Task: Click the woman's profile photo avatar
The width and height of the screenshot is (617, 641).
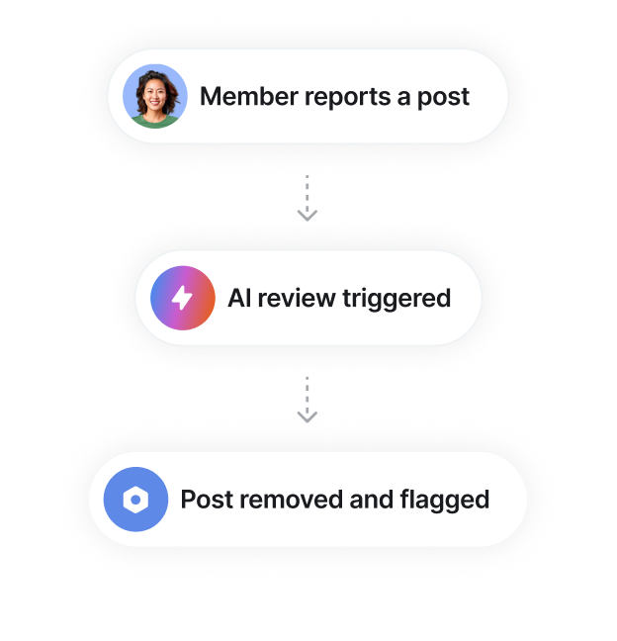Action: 155,96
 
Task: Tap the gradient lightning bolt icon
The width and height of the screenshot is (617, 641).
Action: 182,298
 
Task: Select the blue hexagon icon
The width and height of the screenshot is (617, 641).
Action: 135,500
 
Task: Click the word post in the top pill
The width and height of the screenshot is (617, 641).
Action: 445,97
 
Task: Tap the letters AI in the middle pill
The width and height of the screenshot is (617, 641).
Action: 240,298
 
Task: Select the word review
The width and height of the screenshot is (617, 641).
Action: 297,298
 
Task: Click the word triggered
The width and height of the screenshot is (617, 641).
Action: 397,298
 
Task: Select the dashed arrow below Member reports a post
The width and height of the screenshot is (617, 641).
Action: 308,201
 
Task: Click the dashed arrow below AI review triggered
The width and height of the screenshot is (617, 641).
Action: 308,403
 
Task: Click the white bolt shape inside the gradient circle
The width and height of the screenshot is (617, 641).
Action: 182,298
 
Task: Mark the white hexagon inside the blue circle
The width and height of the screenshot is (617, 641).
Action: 135,500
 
